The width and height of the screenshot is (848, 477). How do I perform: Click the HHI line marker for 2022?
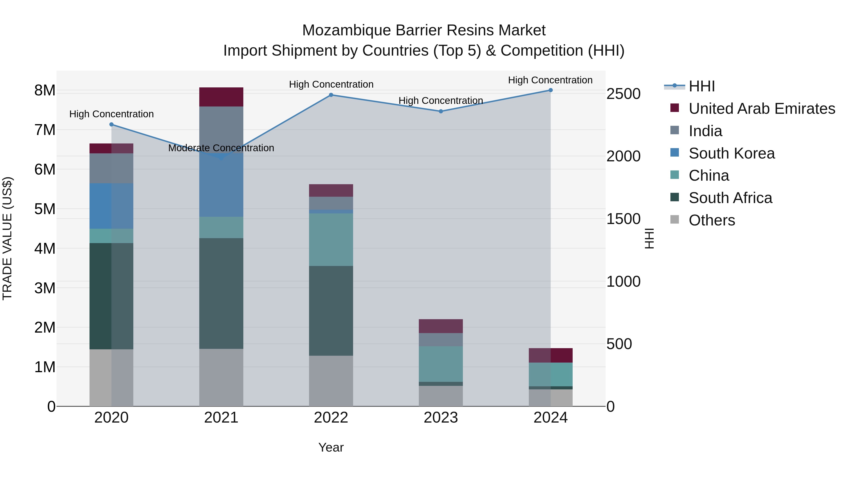point(331,95)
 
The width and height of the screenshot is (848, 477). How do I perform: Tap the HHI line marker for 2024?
point(550,90)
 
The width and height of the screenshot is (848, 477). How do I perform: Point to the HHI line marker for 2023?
point(441,111)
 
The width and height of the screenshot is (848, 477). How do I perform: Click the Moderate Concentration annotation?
point(221,148)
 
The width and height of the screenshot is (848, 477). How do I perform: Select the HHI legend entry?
point(701,86)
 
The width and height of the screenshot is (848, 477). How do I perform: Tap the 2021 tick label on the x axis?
point(221,418)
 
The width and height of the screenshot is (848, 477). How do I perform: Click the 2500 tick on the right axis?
point(623,94)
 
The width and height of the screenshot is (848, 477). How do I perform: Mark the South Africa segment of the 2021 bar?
point(221,293)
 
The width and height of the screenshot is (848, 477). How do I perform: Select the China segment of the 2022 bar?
point(331,239)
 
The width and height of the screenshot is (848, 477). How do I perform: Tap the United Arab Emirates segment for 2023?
point(440,326)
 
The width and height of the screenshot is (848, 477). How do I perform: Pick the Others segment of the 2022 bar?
point(331,381)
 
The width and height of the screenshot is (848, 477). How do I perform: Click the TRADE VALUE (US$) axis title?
point(7,238)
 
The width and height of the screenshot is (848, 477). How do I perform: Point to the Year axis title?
point(331,447)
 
